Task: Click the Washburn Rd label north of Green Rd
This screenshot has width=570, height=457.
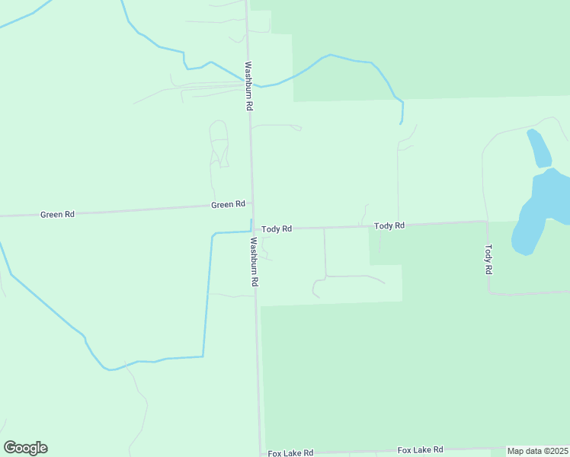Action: pyautogui.click(x=248, y=86)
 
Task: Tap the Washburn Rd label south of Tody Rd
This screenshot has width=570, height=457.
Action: pyautogui.click(x=255, y=261)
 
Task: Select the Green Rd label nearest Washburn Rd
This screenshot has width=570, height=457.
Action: pyautogui.click(x=229, y=204)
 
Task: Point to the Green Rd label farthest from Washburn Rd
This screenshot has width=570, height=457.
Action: pyautogui.click(x=57, y=215)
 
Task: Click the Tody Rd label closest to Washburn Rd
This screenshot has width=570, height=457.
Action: pyautogui.click(x=277, y=228)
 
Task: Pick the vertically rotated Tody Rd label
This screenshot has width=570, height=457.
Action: pyautogui.click(x=489, y=259)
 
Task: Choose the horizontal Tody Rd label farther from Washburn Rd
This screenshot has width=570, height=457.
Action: pyautogui.click(x=389, y=225)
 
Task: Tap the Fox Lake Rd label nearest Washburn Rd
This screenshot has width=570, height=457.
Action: pyautogui.click(x=290, y=453)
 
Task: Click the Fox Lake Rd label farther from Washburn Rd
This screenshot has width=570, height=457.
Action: pyautogui.click(x=420, y=450)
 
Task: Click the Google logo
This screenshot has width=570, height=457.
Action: pyautogui.click(x=25, y=448)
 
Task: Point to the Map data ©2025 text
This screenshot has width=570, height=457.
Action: pyautogui.click(x=538, y=451)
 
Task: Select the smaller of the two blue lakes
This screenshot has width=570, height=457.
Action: pyautogui.click(x=539, y=148)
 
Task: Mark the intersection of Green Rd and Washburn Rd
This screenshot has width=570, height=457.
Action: pyautogui.click(x=252, y=203)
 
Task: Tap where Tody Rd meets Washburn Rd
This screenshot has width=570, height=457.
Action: pyautogui.click(x=253, y=228)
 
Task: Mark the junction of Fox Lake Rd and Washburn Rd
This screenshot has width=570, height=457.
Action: pyautogui.click(x=261, y=453)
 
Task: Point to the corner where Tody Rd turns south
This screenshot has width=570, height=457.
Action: pyautogui.click(x=487, y=222)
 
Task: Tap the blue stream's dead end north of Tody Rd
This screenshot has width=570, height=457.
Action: pyautogui.click(x=402, y=123)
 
